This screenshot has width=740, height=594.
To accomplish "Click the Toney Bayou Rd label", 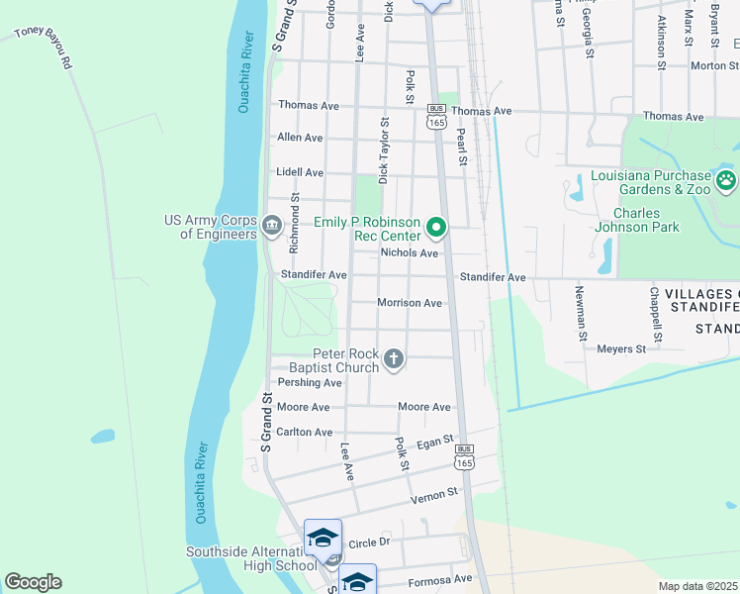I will coord(45,48).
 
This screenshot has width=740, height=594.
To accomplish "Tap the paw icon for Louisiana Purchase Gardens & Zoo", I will coord(727,180).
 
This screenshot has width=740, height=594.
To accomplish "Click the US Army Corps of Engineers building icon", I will coord(271,227).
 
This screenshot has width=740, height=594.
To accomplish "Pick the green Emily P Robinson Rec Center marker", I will coord(436,229).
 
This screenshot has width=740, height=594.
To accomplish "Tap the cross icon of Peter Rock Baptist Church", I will coord(394,358).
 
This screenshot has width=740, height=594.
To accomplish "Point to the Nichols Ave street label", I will coord(409,253).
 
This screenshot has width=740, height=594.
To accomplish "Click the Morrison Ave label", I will coord(409,303).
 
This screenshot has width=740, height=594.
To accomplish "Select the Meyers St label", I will coord(621,348).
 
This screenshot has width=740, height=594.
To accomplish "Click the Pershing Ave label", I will coord(310,382).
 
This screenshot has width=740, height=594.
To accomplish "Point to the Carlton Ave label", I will coord(305,433).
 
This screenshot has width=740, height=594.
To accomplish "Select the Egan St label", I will coord(434,441).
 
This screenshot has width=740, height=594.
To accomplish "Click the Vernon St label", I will coord(438,492).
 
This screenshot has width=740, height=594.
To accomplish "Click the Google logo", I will coord(33,582).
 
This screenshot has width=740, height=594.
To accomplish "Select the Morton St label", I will coord(708,66).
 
